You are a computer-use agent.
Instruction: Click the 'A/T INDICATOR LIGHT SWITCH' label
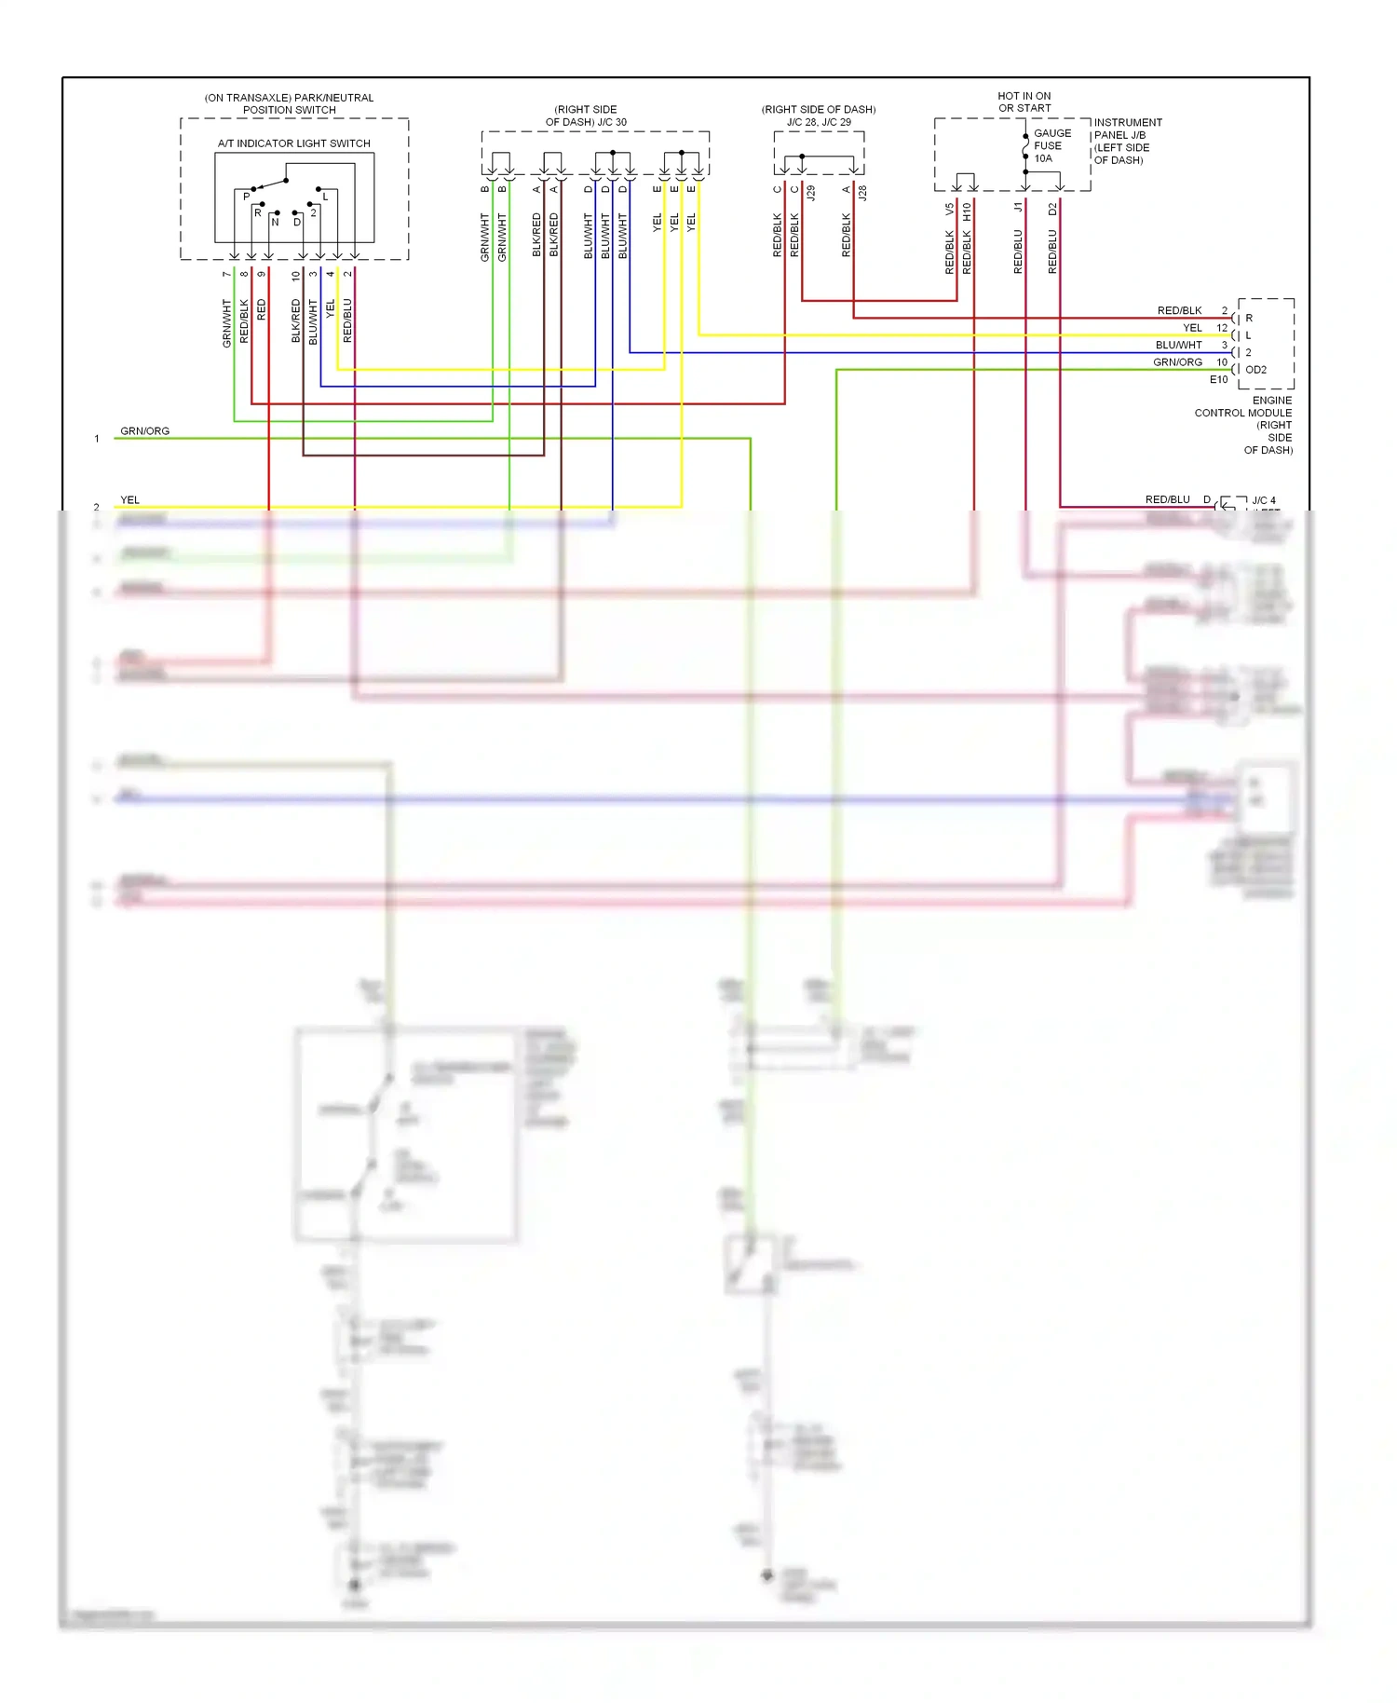pyautogui.click(x=293, y=143)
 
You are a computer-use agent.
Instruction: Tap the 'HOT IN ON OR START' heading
pyautogui.click(x=1024, y=102)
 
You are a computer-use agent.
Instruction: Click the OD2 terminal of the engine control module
pyautogui.click(x=1255, y=370)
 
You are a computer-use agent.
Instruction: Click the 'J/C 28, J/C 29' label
pyautogui.click(x=819, y=122)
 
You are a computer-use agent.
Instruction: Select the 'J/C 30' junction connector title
pyautogui.click(x=586, y=116)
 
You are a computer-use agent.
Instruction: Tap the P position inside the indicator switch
pyautogui.click(x=247, y=197)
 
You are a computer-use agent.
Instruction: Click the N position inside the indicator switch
pyautogui.click(x=275, y=223)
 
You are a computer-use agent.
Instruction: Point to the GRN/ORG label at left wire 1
pyautogui.click(x=144, y=431)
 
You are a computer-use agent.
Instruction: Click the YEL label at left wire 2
pyautogui.click(x=129, y=500)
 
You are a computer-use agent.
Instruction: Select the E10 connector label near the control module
pyautogui.click(x=1218, y=380)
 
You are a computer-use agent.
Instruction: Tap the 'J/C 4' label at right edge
pyautogui.click(x=1263, y=500)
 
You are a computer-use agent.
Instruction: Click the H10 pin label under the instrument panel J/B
pyautogui.click(x=967, y=211)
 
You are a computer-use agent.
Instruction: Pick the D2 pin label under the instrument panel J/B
pyautogui.click(x=1052, y=210)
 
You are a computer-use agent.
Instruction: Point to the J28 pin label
pyautogui.click(x=862, y=193)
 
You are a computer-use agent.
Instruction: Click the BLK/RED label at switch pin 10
pyautogui.click(x=296, y=320)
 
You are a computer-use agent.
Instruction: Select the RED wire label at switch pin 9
pyautogui.click(x=262, y=309)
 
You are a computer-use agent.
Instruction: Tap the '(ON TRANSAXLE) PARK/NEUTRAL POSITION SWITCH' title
pyautogui.click(x=289, y=103)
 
